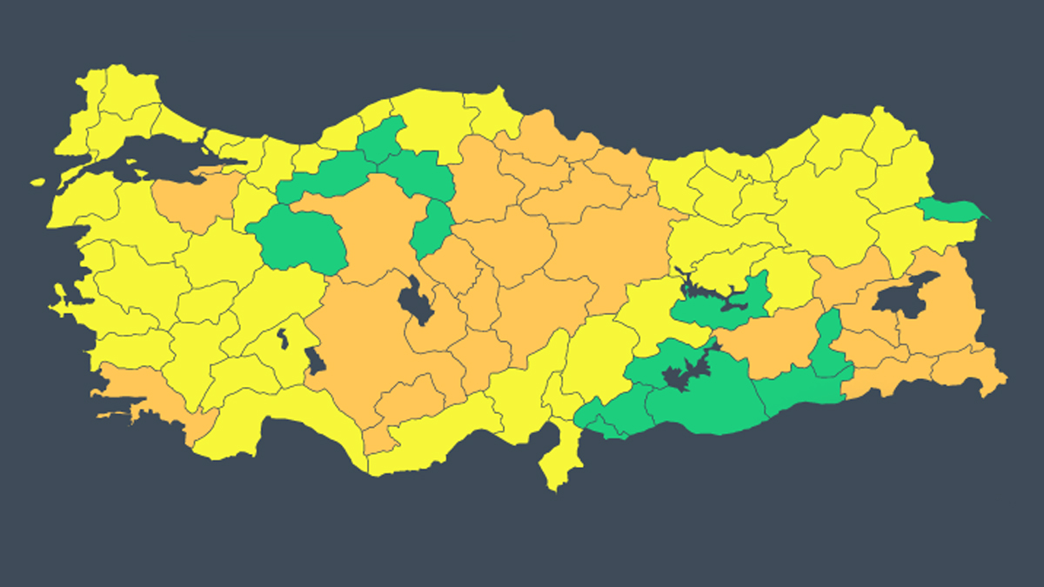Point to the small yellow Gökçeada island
click(37, 183)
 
